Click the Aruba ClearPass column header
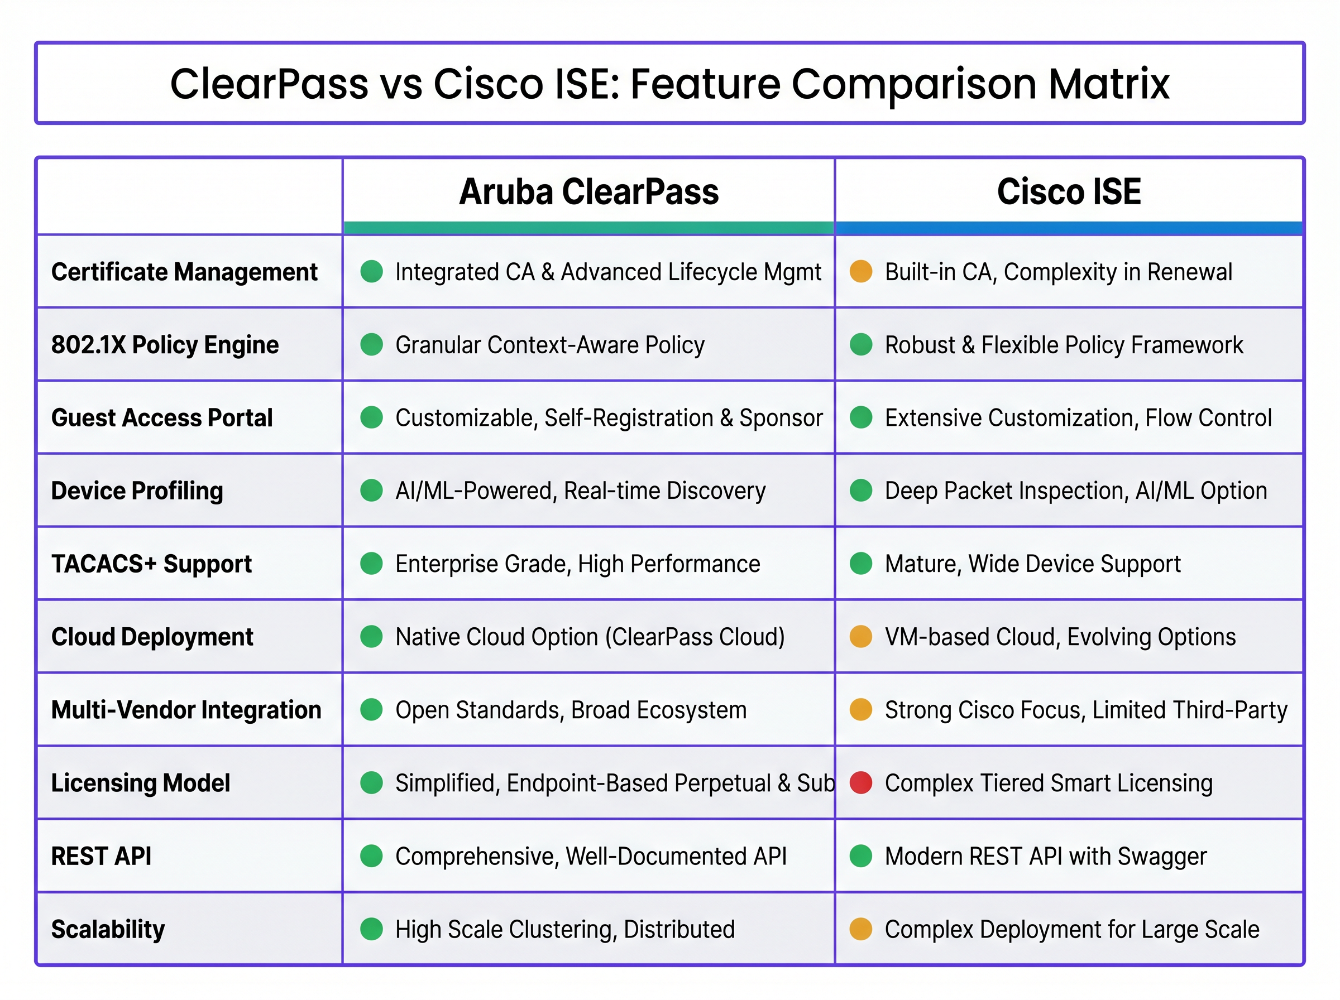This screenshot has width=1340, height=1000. [588, 192]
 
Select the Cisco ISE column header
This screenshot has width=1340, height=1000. [1069, 192]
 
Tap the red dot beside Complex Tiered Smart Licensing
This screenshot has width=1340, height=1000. [860, 783]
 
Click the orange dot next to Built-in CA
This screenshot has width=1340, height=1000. [860, 271]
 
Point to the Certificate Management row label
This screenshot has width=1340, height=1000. [184, 272]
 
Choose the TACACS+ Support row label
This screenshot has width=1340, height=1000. [151, 564]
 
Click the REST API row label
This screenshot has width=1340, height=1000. [101, 856]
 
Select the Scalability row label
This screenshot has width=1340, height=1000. [108, 929]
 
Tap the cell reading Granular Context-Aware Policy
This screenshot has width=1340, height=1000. [550, 345]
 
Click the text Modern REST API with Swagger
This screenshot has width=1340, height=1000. [1046, 856]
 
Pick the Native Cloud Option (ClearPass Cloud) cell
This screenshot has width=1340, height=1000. [590, 637]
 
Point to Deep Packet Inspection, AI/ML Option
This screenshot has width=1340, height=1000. [1075, 491]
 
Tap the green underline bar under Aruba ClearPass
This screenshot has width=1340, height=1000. [588, 228]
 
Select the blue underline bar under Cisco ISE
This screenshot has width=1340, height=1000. [1069, 228]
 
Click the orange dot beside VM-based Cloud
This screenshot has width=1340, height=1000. [860, 637]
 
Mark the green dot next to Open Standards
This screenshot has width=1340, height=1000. [371, 709]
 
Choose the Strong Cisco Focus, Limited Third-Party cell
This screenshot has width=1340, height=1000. [1086, 710]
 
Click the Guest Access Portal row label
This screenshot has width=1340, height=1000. [162, 417]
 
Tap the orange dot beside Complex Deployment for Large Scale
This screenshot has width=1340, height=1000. [860, 929]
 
